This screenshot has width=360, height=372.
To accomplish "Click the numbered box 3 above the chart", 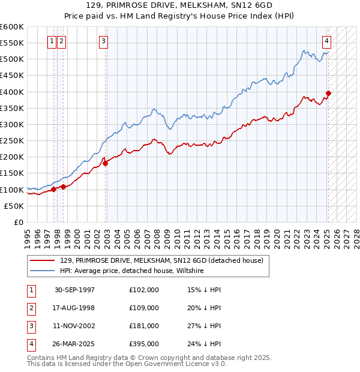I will pos(104,41).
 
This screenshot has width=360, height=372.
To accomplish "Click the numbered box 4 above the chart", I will pos(326,41).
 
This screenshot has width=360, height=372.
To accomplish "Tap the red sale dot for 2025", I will pos(329,93).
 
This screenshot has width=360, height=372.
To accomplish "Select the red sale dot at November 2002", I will pos(105,163).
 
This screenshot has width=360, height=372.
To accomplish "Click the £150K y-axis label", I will pos(12,173).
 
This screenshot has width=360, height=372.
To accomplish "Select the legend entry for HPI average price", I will pos(132,271).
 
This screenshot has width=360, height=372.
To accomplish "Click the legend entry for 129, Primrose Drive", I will pos(161,261).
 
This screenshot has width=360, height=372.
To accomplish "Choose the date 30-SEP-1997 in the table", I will pos(74,290).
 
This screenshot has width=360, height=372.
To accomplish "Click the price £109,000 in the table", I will pos(144,308).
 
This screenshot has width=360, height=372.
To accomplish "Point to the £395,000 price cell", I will pos(144,344).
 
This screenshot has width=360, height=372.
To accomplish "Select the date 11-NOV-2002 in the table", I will pos(74,326).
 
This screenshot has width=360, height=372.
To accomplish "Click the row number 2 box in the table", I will pos(30,308).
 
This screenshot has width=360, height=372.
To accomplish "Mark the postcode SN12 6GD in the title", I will pos(235,5).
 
